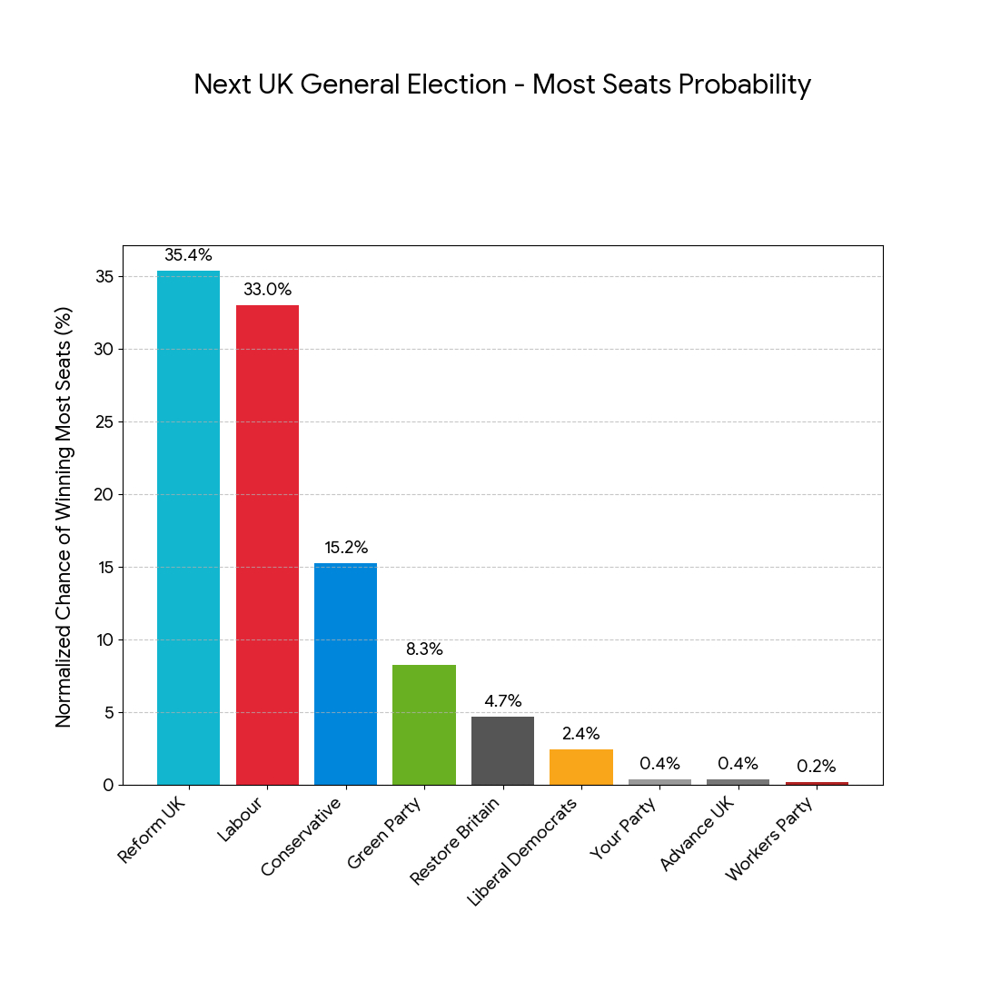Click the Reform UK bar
coord(188,527)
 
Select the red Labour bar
coord(267,545)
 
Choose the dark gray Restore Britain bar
coord(502,750)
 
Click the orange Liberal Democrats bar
coord(581,768)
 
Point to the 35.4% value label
coord(188,255)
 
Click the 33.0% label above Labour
coord(267,290)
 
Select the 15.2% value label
coord(346,548)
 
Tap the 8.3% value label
coord(424,649)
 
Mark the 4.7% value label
coord(502,701)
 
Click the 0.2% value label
coord(817,767)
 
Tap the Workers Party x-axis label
coord(773,840)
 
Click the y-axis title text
coord(64,515)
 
